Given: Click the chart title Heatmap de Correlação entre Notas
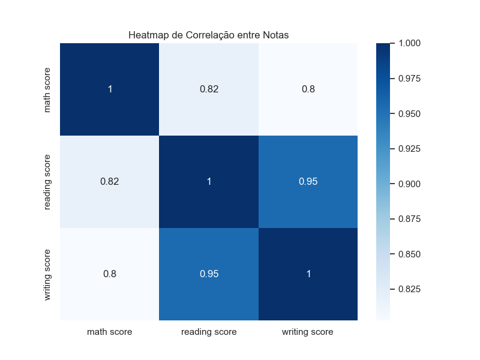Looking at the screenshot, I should click(x=208, y=35).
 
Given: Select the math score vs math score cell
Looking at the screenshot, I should click(x=110, y=89).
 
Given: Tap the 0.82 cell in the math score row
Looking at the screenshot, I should click(x=209, y=89).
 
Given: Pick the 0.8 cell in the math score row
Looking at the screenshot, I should click(x=308, y=89).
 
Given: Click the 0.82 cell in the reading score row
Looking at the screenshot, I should click(x=110, y=182).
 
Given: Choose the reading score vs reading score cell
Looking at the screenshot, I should click(x=209, y=182).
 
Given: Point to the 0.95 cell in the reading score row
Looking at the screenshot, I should click(x=308, y=182).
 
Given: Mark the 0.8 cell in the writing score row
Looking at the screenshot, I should click(x=110, y=274).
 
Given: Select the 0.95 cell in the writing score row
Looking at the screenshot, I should click(x=209, y=274).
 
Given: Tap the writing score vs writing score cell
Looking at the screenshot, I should click(x=308, y=274).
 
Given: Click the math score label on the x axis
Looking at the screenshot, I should click(x=110, y=331).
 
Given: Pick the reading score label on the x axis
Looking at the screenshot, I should click(x=209, y=331).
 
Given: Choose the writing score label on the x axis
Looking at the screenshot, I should click(x=308, y=331).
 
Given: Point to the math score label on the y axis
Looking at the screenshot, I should click(x=47, y=90).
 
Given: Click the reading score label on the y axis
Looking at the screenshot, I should click(x=47, y=182).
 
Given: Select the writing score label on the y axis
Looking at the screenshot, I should click(x=47, y=274).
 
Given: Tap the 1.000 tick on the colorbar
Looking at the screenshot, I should click(x=409, y=43).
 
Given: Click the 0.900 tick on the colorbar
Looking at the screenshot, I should click(x=409, y=184).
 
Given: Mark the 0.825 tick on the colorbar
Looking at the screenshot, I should click(x=409, y=289).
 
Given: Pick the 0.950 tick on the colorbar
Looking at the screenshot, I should click(x=409, y=113).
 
